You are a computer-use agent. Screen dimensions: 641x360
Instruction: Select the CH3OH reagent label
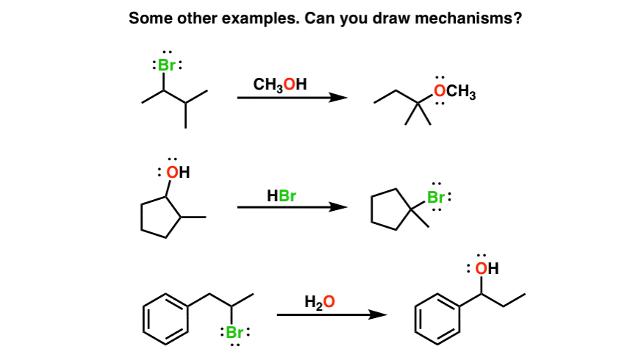280,84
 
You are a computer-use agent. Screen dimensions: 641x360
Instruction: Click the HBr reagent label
282,195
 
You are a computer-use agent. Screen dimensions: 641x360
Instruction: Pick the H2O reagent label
320,303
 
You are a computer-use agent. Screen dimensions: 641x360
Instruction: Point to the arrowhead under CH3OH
338,98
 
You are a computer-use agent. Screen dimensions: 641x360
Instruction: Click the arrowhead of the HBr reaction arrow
338,207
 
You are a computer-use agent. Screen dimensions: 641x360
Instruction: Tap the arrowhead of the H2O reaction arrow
378,314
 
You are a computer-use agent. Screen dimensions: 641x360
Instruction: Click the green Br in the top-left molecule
167,65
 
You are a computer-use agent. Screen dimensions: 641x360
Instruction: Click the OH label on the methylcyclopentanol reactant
178,173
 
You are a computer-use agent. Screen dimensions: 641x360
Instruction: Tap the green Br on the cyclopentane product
436,198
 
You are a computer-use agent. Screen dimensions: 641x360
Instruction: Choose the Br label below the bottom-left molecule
234,333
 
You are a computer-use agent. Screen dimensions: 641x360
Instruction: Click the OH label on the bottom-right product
487,268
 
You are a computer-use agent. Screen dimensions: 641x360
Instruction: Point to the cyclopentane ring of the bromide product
372,209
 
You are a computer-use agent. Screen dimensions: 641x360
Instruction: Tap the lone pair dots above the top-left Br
167,52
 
